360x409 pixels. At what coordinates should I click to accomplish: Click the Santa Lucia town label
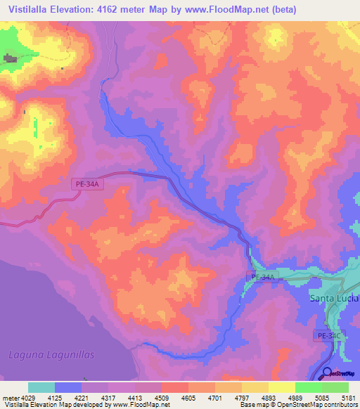[x=334, y=298]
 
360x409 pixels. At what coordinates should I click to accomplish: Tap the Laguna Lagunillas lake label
[x=51, y=354]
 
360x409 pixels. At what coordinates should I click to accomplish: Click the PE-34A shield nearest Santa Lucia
[x=263, y=278]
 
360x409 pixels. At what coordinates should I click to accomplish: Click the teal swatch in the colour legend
[x=41, y=387]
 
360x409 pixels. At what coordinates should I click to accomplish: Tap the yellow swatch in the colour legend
[x=281, y=387]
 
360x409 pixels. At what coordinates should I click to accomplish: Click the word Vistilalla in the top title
[x=27, y=10]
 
